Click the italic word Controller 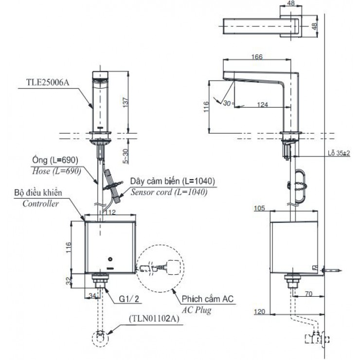pos(41,204)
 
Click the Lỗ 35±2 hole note pos(340,153)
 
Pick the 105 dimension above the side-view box pos(260,209)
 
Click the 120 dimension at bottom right pos(260,310)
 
